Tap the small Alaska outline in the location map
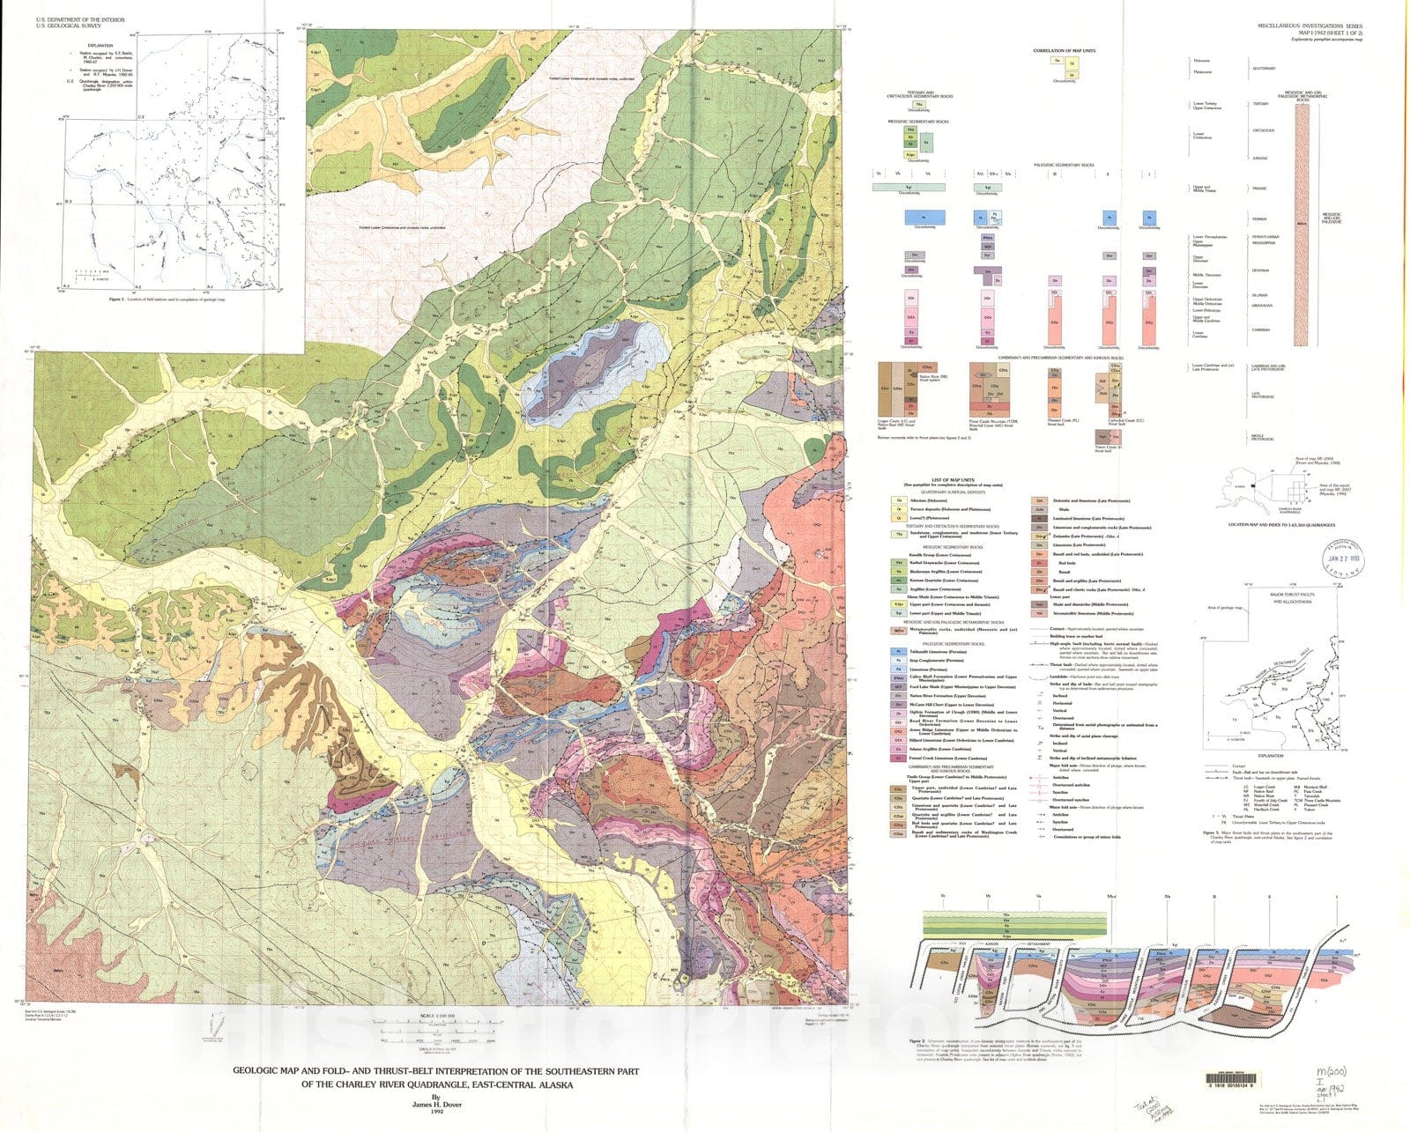1240,483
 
